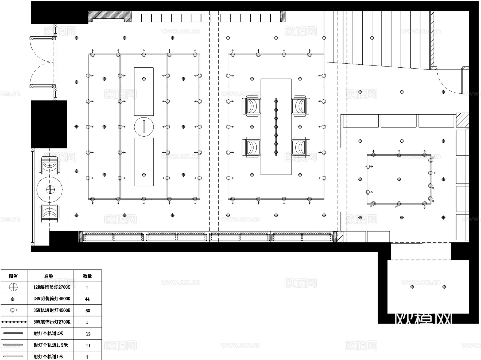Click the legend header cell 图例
(13, 276)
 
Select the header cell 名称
(49, 276)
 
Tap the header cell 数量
(87, 276)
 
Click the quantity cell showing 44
(87, 299)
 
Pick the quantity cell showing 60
(88, 311)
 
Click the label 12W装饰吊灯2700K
(52, 287)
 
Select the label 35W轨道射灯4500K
(52, 310)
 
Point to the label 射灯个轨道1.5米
(51, 345)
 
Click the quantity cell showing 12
(88, 334)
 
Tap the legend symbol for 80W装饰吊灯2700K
(14, 322)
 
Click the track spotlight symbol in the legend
(13, 310)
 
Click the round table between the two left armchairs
(50, 189)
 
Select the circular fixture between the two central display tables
(144, 127)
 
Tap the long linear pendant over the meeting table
(276, 127)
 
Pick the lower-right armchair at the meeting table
(301, 147)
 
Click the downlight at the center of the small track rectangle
(399, 179)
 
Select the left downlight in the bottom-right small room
(412, 287)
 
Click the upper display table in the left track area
(144, 91)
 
